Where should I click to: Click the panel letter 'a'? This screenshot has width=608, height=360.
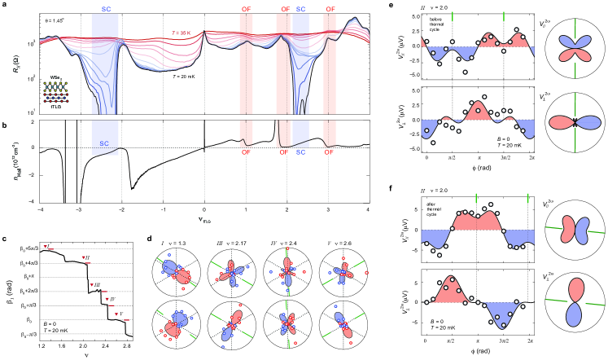[5, 5]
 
